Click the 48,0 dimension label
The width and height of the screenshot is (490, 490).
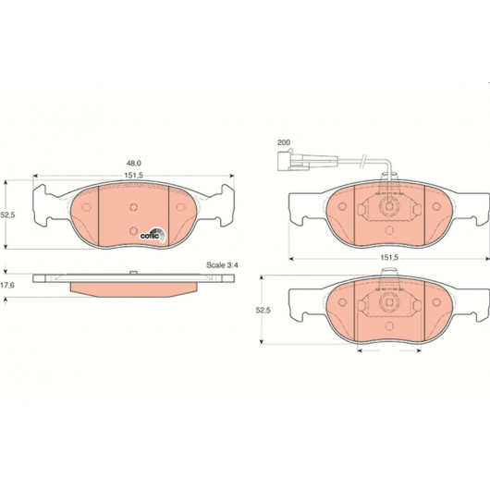pos(134,163)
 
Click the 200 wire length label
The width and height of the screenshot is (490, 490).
pos(284,142)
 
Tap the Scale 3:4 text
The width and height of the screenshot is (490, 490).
pos(222,265)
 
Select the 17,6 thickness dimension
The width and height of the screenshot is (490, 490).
pos(7,286)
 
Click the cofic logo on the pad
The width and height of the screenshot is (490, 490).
pos(153,235)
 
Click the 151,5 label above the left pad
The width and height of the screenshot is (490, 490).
pos(134,176)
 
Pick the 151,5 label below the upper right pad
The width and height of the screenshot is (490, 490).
pos(389,258)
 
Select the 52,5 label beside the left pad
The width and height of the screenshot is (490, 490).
pos(7,215)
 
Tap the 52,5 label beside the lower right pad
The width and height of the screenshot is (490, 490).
pos(263,310)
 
